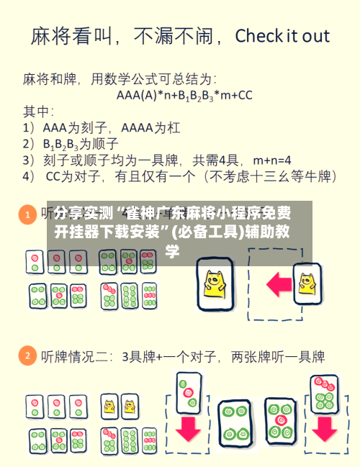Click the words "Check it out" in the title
click(x=282, y=36)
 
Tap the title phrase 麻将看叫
click(x=68, y=36)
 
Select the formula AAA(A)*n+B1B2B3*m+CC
click(x=184, y=94)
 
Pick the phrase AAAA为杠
click(x=150, y=127)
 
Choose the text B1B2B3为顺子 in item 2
click(x=81, y=143)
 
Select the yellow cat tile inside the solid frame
click(x=215, y=283)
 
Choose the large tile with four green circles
click(x=234, y=422)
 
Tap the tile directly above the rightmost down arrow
click(x=324, y=393)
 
